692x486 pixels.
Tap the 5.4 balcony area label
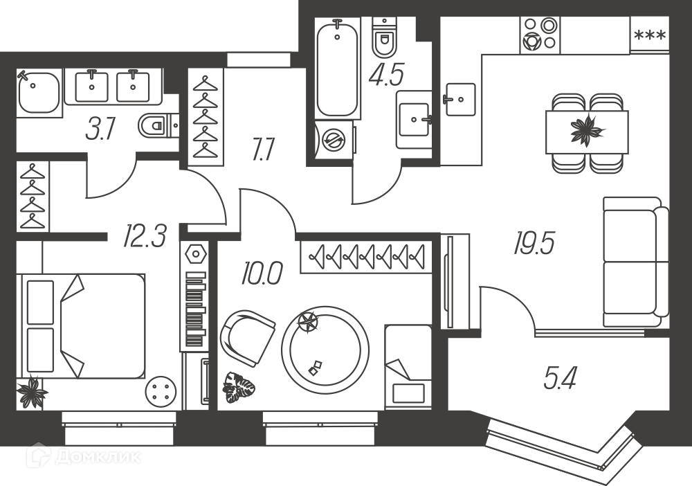561,379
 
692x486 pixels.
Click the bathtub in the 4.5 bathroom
338,68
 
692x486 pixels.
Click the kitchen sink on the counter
459,100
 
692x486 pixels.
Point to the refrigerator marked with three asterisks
650,35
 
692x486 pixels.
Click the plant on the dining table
585,129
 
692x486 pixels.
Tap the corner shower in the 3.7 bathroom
38,93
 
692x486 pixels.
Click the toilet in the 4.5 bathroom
385,37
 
